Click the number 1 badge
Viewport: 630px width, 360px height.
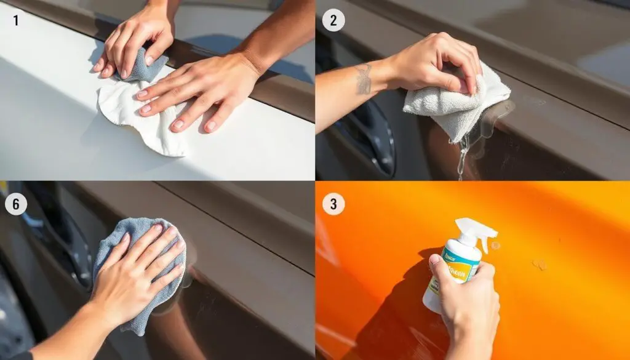click(16, 20)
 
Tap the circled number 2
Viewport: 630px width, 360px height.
click(333, 20)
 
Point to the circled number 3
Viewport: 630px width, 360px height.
click(333, 204)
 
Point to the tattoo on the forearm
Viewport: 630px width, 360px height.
click(363, 79)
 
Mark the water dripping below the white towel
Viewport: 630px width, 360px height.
click(462, 157)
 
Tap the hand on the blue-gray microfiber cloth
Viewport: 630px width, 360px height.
click(138, 265)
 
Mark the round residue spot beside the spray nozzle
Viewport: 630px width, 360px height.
click(496, 246)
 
